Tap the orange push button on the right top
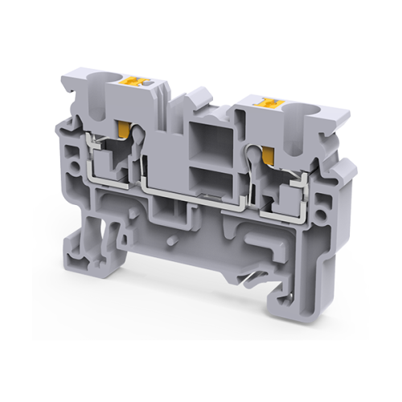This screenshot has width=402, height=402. coord(263,101)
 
